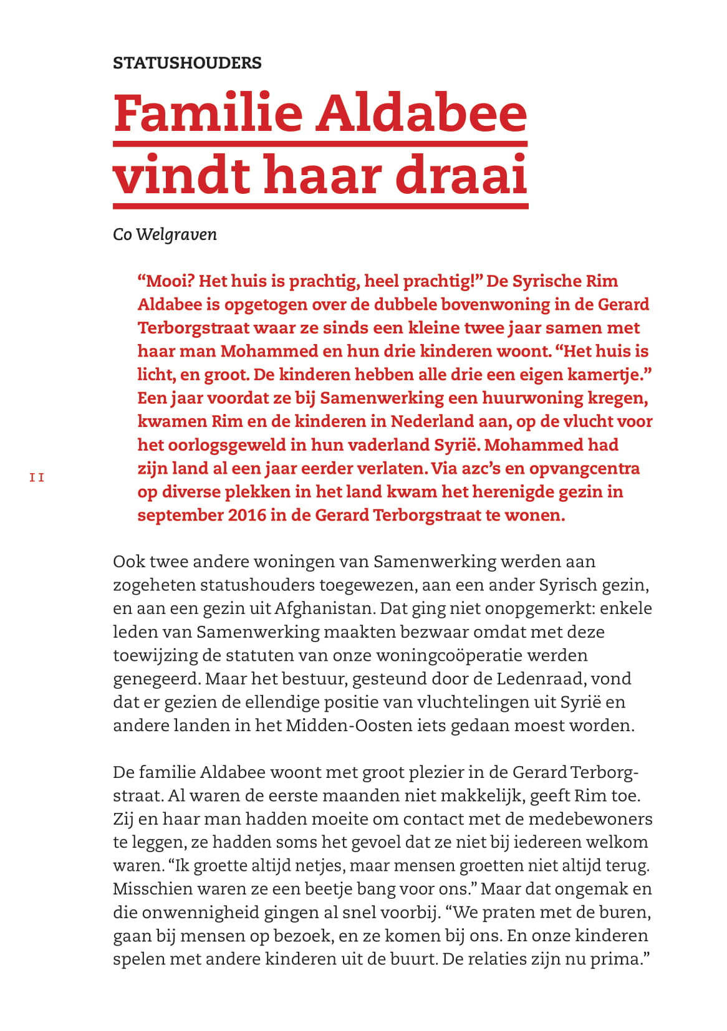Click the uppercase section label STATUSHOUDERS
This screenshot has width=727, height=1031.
187,63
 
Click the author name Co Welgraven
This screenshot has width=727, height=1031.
165,235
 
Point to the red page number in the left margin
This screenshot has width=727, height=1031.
37,477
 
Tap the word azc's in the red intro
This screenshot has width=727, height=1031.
478,468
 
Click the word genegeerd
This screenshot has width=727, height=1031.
156,679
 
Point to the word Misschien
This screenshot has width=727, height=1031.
149,889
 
